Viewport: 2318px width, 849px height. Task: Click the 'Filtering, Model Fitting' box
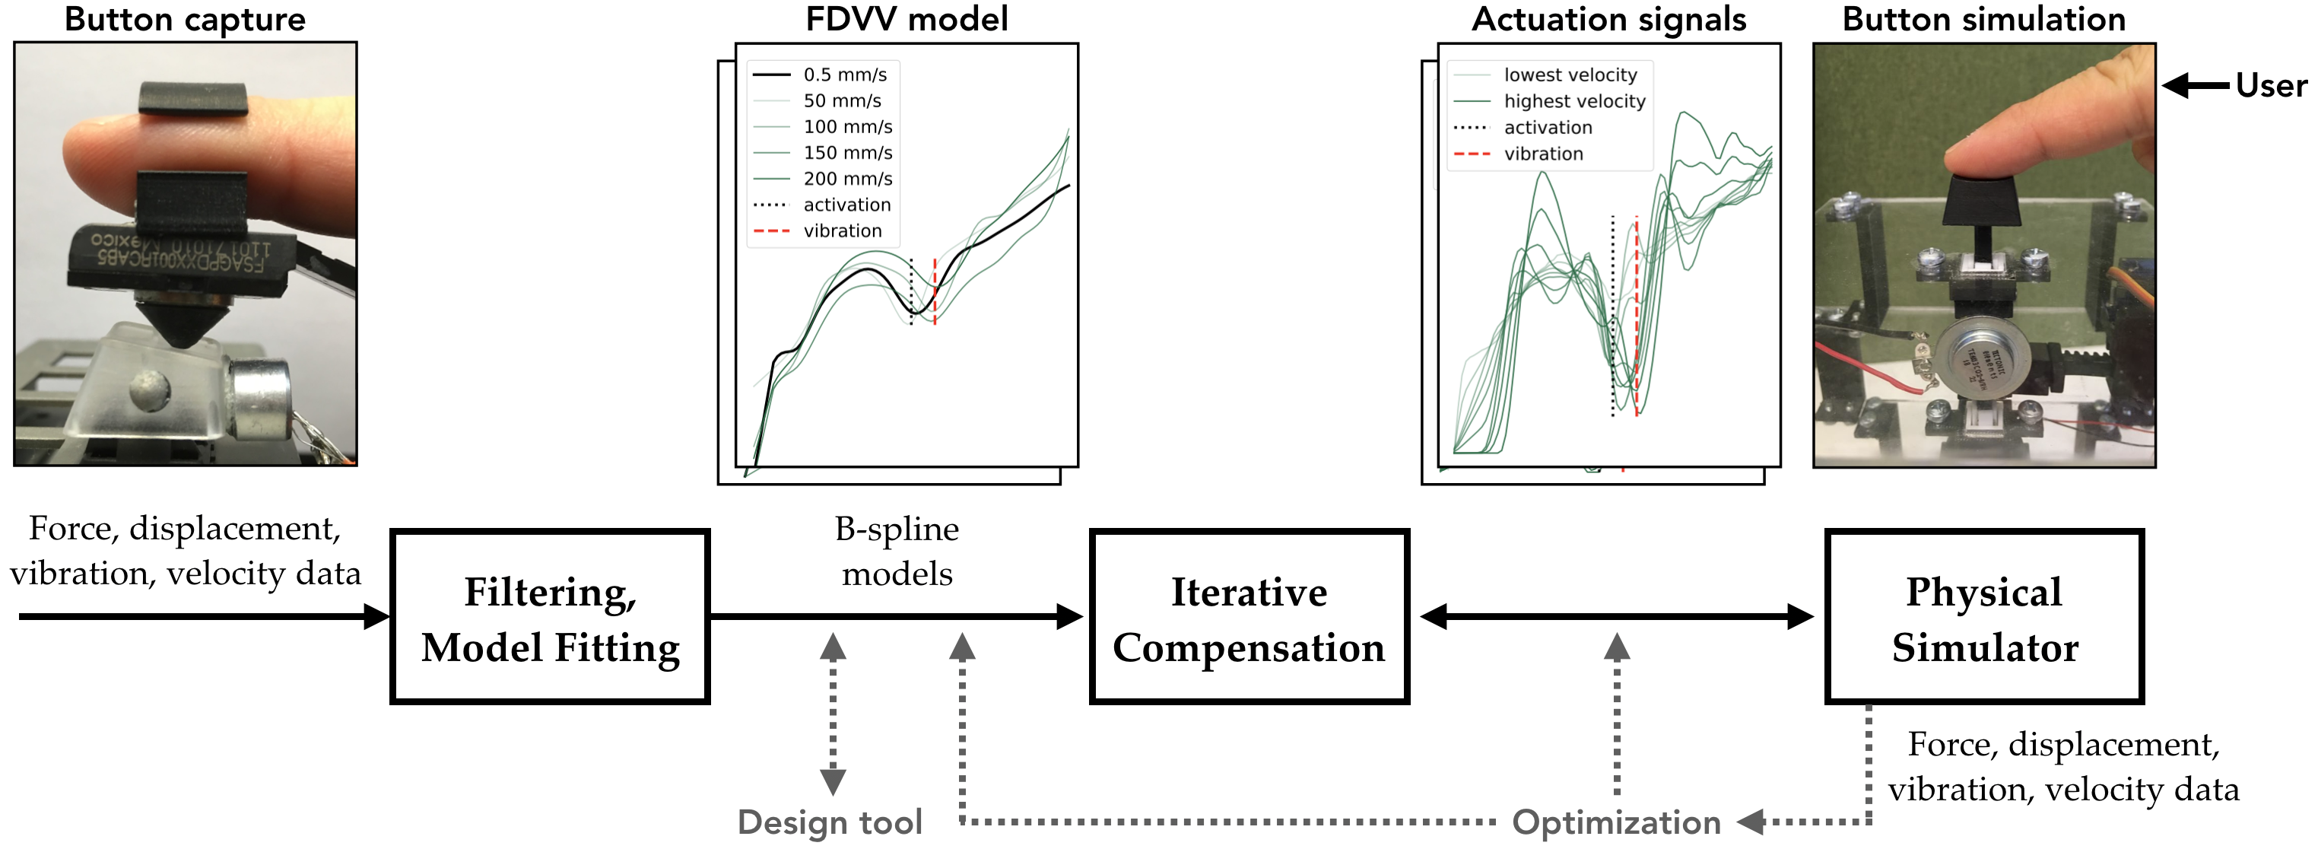[x=550, y=617]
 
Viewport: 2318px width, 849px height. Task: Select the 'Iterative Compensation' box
[x=1248, y=617]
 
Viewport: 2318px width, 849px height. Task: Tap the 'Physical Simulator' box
[x=1983, y=617]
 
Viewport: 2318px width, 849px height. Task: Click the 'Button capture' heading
[x=185, y=19]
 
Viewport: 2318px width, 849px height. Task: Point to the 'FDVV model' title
[x=907, y=19]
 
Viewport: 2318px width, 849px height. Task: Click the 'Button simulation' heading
[x=1983, y=19]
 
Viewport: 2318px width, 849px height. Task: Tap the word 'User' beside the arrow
[x=2270, y=85]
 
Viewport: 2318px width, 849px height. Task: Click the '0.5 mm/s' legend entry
[x=844, y=75]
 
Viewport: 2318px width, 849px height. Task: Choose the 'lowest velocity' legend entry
[x=1570, y=75]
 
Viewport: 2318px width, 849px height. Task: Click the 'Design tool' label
[x=830, y=822]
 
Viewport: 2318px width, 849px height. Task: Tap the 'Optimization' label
[x=1616, y=822]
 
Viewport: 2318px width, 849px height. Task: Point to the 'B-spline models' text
[x=897, y=551]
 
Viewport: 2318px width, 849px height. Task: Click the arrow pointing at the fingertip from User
[x=2196, y=85]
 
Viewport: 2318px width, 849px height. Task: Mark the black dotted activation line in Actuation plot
[x=1612, y=315]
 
